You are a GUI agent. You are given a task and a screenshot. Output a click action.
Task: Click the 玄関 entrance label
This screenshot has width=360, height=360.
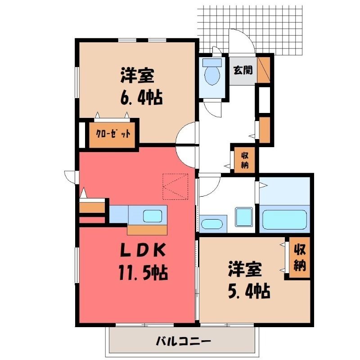point(243,70)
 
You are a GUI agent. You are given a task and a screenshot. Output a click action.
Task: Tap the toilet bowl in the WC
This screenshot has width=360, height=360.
point(212,75)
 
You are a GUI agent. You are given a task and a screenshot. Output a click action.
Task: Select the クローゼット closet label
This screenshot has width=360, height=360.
point(113,134)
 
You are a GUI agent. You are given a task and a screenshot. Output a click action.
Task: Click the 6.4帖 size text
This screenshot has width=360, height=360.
point(141,97)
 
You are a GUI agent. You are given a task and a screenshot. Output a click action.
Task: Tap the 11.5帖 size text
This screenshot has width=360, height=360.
point(143,272)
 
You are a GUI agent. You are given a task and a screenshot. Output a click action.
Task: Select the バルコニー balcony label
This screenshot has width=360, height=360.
point(183,342)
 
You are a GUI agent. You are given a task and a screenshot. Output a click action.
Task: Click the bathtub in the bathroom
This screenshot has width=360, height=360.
point(284,220)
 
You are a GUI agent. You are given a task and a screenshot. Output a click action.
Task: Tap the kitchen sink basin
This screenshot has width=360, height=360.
point(153,216)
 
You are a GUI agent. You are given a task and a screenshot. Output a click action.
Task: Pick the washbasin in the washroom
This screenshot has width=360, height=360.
point(211,224)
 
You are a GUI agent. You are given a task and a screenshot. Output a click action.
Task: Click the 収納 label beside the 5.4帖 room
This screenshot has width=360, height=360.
point(300,257)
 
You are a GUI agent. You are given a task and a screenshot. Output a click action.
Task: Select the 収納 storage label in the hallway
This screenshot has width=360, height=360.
point(245,160)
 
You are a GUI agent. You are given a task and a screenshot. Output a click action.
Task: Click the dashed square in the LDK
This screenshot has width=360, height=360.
point(175,186)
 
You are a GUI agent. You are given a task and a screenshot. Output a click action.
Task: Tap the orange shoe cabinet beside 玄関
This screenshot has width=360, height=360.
point(263,70)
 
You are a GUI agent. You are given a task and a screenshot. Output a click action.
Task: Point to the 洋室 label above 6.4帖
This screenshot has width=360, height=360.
point(137,75)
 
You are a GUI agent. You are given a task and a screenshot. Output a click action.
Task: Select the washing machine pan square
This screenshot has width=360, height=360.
point(243,217)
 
